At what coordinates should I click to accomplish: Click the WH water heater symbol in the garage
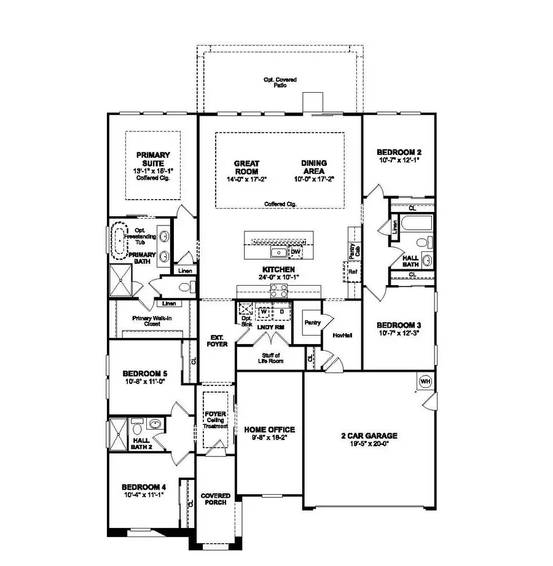(425, 382)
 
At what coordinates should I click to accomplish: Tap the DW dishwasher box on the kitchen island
(296, 252)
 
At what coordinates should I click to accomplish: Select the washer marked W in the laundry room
(264, 311)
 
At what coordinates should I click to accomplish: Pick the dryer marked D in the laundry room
(281, 311)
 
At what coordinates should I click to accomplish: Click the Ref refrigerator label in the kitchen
(352, 271)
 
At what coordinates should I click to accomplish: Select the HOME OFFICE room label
(270, 430)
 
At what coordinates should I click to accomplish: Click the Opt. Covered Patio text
(280, 82)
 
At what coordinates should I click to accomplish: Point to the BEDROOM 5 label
(144, 374)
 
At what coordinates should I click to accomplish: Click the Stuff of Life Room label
(270, 358)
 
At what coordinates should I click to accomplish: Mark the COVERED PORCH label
(216, 499)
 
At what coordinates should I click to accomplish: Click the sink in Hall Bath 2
(156, 424)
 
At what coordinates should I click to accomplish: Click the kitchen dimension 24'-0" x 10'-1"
(278, 277)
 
